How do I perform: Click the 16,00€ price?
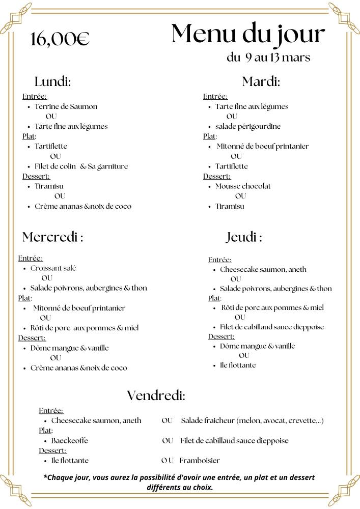point(60,39)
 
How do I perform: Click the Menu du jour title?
point(248,34)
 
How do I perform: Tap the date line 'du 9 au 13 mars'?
point(268,57)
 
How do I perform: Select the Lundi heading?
point(52,81)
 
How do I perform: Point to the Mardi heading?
point(261,81)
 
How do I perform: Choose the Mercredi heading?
point(52,237)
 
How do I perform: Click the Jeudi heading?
point(244,237)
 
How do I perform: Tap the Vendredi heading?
point(156,395)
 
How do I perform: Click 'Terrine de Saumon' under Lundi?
point(66,106)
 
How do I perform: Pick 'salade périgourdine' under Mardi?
point(248,126)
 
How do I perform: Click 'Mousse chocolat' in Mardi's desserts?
point(243,186)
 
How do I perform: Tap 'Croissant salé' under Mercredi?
point(53,268)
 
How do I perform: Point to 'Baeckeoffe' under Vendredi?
point(69,440)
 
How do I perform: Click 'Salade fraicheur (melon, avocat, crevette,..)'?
point(252,420)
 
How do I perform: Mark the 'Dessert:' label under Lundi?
point(36,176)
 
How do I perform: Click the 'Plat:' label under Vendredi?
point(45,431)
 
